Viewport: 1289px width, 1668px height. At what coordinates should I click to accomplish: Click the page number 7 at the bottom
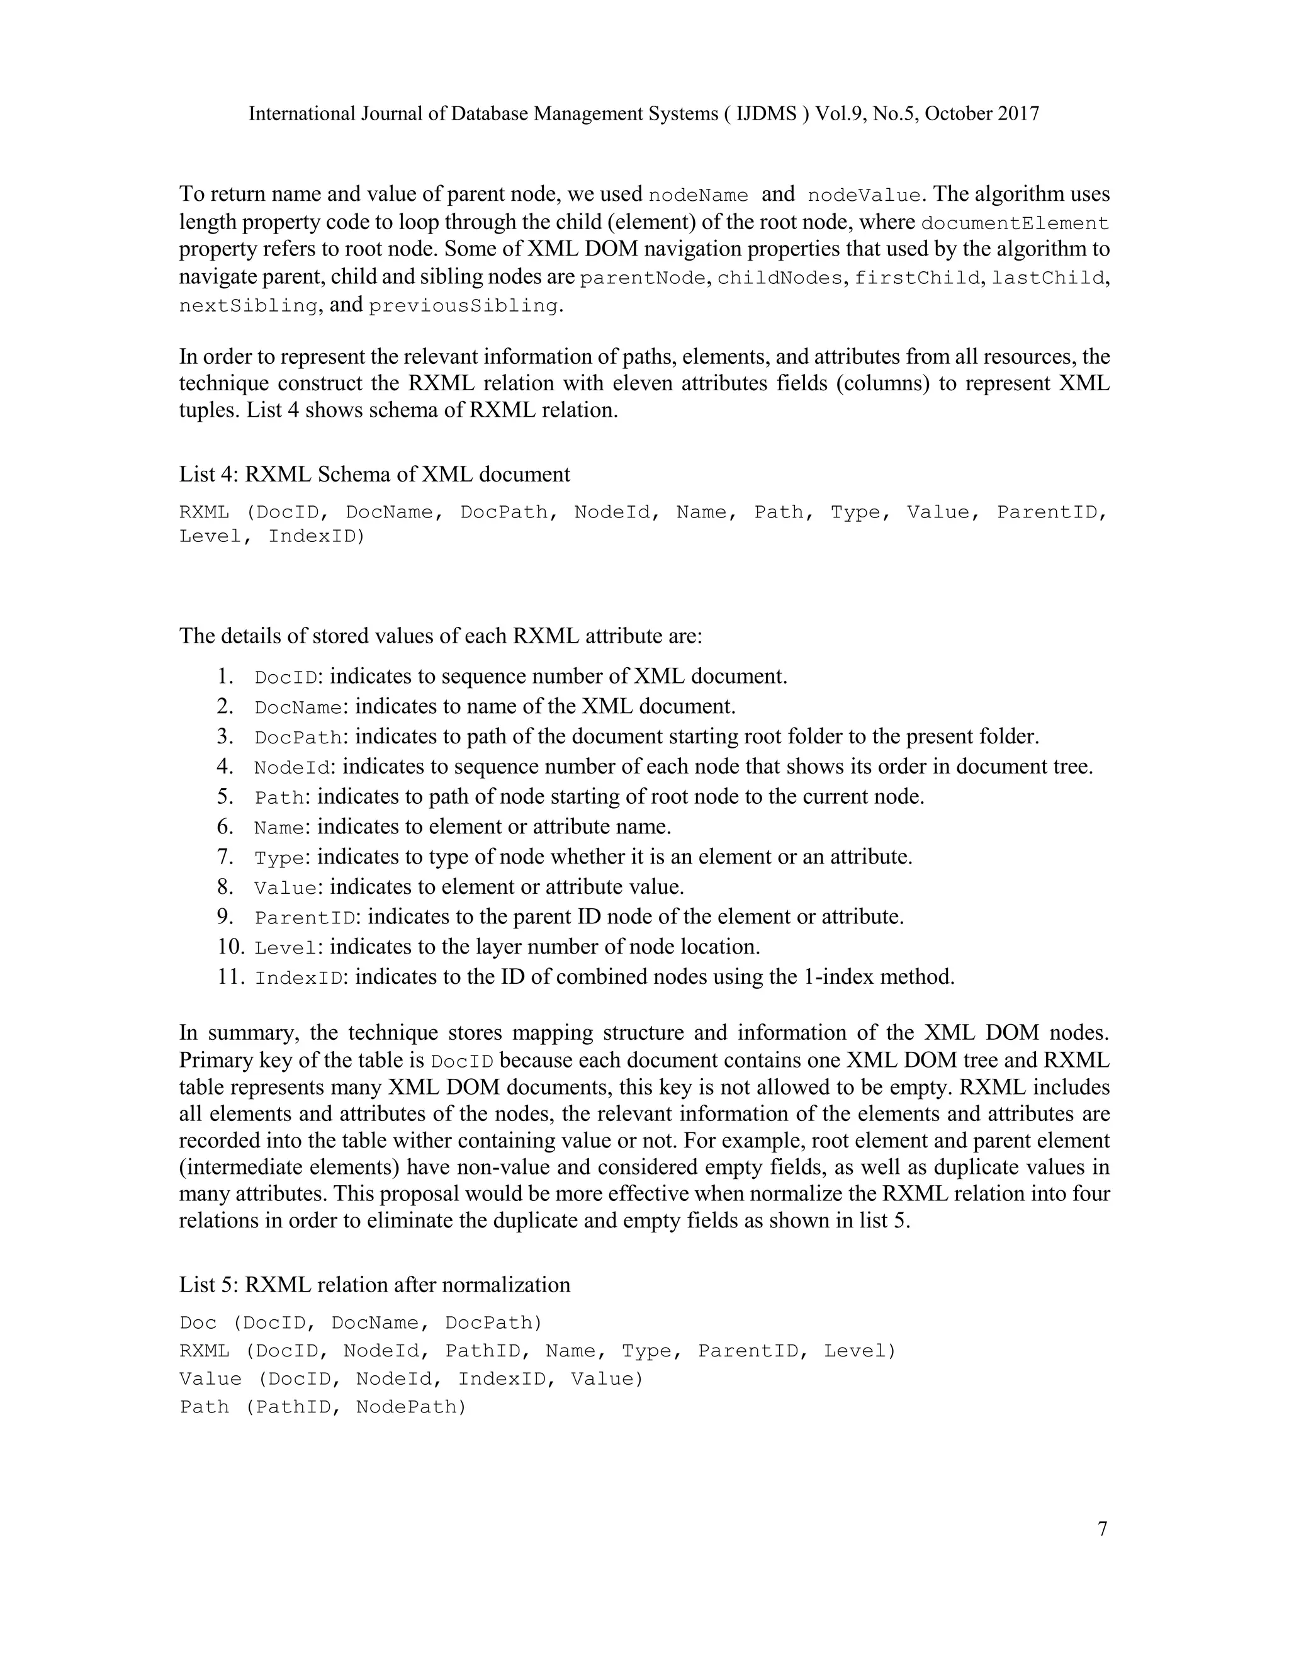pos(1102,1529)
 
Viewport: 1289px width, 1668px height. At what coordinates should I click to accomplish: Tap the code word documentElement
pos(1015,224)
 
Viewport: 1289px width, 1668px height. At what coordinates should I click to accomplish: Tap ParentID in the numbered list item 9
pos(305,917)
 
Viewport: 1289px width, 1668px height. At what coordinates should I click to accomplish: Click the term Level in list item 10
pos(286,948)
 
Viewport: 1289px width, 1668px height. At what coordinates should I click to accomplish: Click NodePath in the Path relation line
pos(410,1407)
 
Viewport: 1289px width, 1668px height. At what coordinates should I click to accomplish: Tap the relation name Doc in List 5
pos(198,1323)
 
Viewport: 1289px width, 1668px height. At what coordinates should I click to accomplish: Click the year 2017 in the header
pos(1018,114)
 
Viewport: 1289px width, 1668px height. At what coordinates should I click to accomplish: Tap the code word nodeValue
pos(864,196)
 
